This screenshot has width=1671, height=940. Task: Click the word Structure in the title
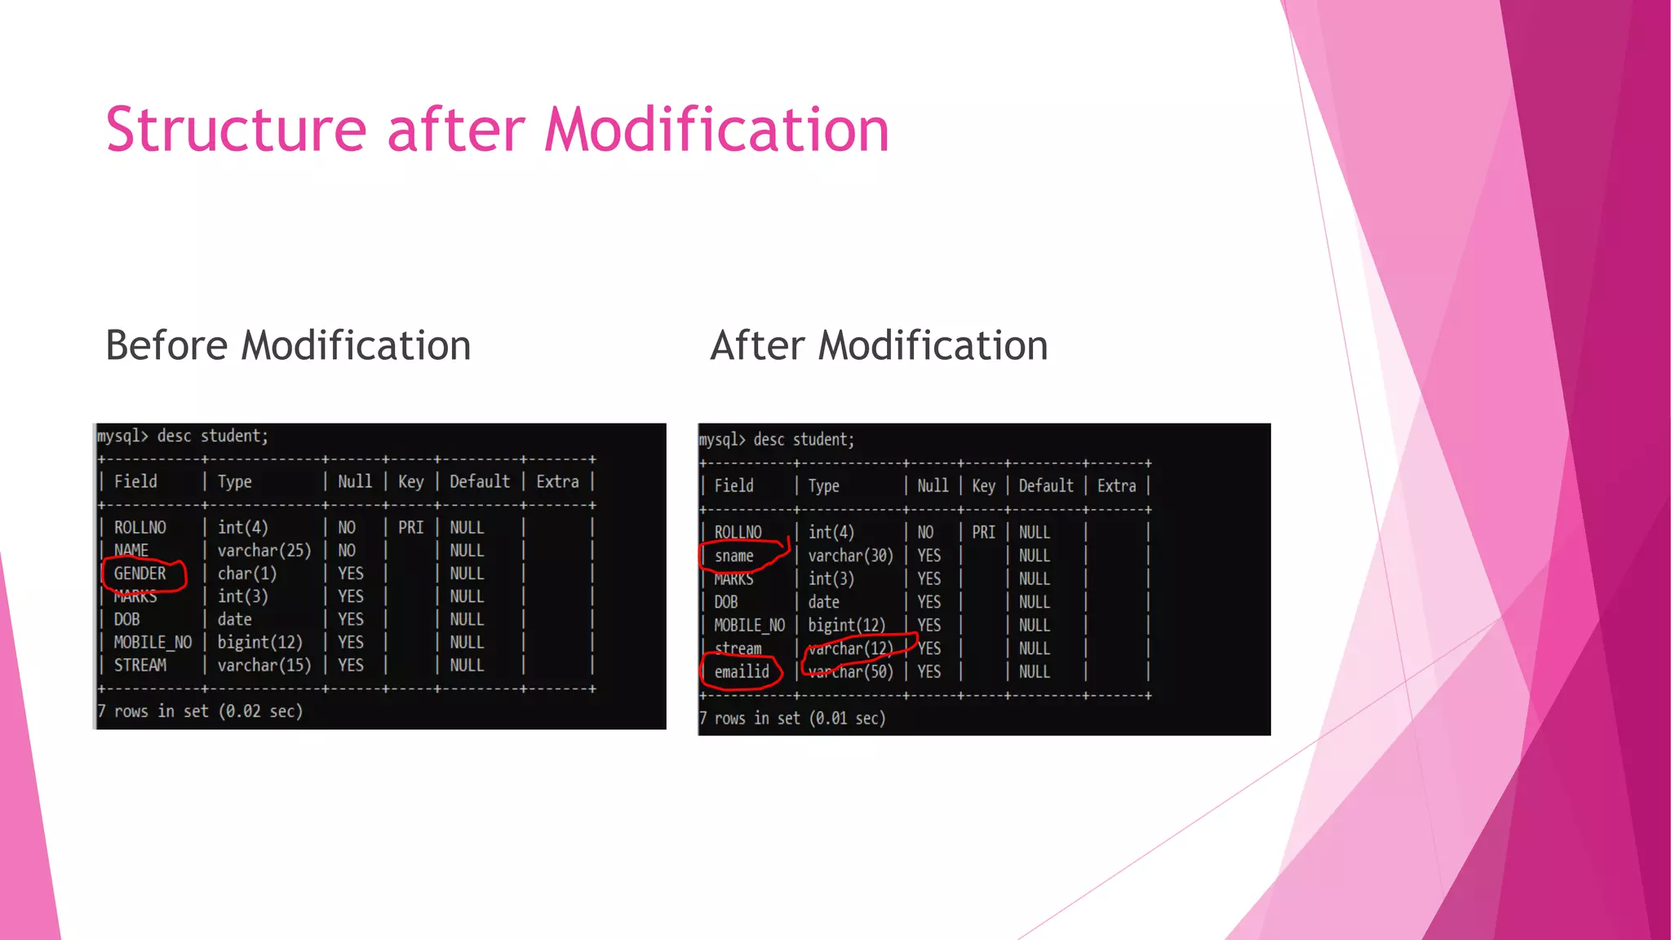236,131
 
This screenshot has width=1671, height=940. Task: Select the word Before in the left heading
167,345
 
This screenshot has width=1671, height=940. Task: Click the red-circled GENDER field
140,574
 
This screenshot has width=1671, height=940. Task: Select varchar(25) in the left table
264,551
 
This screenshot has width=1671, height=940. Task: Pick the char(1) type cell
246,574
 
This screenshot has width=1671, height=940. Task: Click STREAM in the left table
140,665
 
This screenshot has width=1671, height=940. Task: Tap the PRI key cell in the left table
410,528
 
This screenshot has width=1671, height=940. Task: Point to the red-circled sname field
734,556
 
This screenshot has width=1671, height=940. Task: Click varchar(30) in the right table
850,556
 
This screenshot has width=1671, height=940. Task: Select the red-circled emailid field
742,672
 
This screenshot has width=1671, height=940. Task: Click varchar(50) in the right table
850,672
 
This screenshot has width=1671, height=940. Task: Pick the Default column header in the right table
1045,486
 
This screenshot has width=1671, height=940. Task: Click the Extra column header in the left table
557,481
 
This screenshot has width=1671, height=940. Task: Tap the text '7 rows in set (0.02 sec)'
200,712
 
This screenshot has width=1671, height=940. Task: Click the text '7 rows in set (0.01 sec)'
792,718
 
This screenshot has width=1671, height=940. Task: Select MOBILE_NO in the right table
749,625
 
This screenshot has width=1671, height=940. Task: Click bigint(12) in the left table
259,642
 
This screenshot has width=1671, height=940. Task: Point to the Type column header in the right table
823,486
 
